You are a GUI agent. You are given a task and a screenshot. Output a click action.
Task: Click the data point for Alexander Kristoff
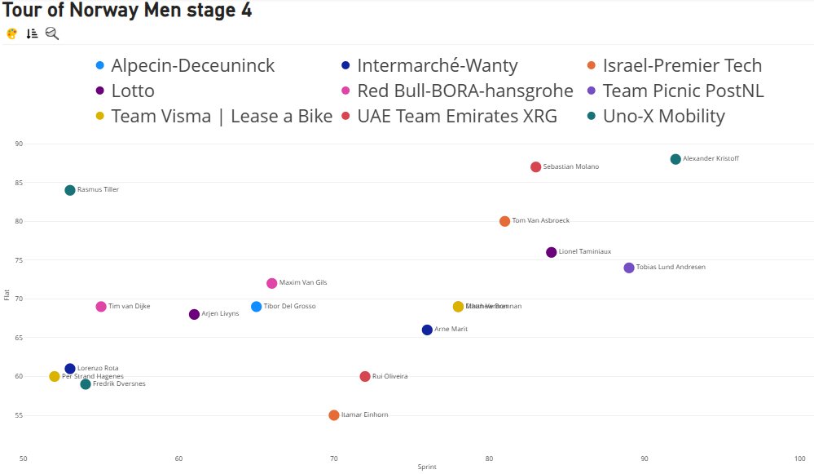[x=675, y=159]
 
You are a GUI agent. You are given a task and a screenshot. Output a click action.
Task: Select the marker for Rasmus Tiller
[x=70, y=190]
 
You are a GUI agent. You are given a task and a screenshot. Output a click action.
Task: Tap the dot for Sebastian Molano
[x=535, y=167]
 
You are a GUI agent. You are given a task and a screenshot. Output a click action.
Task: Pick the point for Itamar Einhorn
[x=334, y=415]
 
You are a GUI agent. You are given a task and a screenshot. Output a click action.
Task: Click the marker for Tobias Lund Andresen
[x=629, y=268]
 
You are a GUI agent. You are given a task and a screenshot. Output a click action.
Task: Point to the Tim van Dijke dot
[x=101, y=307]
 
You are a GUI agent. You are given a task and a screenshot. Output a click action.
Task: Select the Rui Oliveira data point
[x=365, y=377]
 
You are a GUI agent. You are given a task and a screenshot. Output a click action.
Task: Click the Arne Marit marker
[x=427, y=330]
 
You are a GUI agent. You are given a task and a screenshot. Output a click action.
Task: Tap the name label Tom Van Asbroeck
[x=540, y=221]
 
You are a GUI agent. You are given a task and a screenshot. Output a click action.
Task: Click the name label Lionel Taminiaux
[x=584, y=252]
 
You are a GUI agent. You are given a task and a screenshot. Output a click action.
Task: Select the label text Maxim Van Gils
[x=302, y=283]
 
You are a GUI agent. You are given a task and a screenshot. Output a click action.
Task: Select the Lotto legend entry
[x=132, y=91]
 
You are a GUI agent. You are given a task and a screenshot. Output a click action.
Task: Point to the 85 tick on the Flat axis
[x=18, y=183]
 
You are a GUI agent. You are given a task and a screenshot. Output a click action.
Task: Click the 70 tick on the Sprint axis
[x=333, y=459]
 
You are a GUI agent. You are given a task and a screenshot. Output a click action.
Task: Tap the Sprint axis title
[x=426, y=467]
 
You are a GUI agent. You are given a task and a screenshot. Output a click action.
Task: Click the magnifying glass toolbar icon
[x=52, y=33]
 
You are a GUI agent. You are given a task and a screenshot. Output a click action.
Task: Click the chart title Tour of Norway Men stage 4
[x=127, y=11]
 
